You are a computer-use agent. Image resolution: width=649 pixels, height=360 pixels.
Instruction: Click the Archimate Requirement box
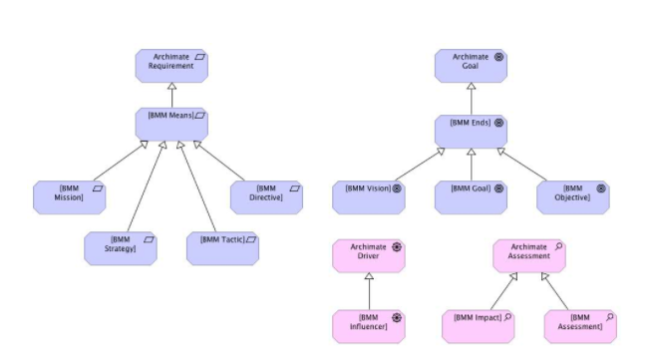[x=170, y=66]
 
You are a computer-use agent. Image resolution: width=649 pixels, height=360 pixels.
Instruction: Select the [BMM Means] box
[x=170, y=123]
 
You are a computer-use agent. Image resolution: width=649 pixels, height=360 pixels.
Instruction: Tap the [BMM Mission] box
[x=69, y=196]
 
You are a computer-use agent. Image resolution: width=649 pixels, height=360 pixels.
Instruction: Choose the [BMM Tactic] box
[x=222, y=247]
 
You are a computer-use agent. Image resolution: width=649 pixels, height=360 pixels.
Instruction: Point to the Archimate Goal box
[x=471, y=66]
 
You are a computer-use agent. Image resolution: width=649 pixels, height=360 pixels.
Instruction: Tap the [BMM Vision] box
[x=369, y=196]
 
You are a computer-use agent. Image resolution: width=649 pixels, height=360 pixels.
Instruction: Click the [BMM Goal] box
[x=471, y=196]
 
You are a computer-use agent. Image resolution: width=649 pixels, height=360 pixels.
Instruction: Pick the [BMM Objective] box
[x=573, y=196]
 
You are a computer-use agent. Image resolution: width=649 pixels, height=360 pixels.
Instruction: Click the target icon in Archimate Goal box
[x=498, y=57]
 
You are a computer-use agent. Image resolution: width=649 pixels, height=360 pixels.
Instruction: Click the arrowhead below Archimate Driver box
[x=369, y=278]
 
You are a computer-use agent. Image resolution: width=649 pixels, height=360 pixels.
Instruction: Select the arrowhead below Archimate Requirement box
[x=170, y=89]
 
